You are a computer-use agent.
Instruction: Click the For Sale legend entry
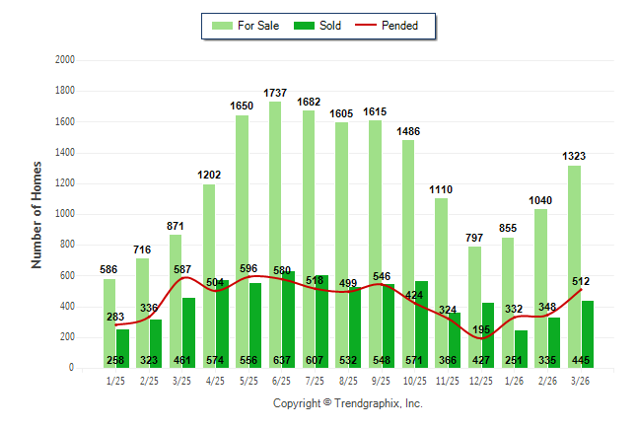coord(259,26)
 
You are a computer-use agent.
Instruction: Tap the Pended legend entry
coord(398,26)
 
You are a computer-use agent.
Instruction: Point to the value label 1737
coord(275,93)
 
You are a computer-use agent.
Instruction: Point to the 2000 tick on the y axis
coord(65,60)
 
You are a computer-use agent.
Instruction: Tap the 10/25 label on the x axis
coord(413,381)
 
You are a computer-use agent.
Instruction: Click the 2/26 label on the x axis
coord(547,381)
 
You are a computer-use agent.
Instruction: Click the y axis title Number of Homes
coord(36,214)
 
